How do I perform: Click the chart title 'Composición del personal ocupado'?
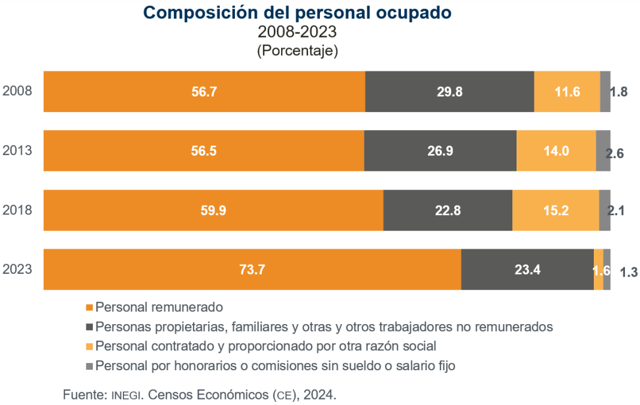[297, 13]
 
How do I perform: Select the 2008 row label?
[17, 92]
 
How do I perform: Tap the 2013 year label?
[17, 150]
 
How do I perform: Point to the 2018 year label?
[17, 210]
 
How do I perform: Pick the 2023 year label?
[17, 269]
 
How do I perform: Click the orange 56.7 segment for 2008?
[204, 92]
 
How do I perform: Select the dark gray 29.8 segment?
[449, 92]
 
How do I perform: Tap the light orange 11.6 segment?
[567, 92]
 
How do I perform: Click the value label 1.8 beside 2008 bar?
[618, 92]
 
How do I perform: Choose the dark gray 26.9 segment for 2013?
[440, 150]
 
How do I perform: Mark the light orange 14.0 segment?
[556, 150]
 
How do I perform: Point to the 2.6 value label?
[615, 153]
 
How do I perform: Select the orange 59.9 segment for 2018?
[213, 210]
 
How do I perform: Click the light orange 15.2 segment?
[556, 210]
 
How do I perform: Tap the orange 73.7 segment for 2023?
[252, 269]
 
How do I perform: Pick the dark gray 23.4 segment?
[527, 269]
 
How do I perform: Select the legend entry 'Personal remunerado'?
[159, 307]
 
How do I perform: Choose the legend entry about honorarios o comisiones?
[275, 365]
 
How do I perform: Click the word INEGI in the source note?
[126, 395]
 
